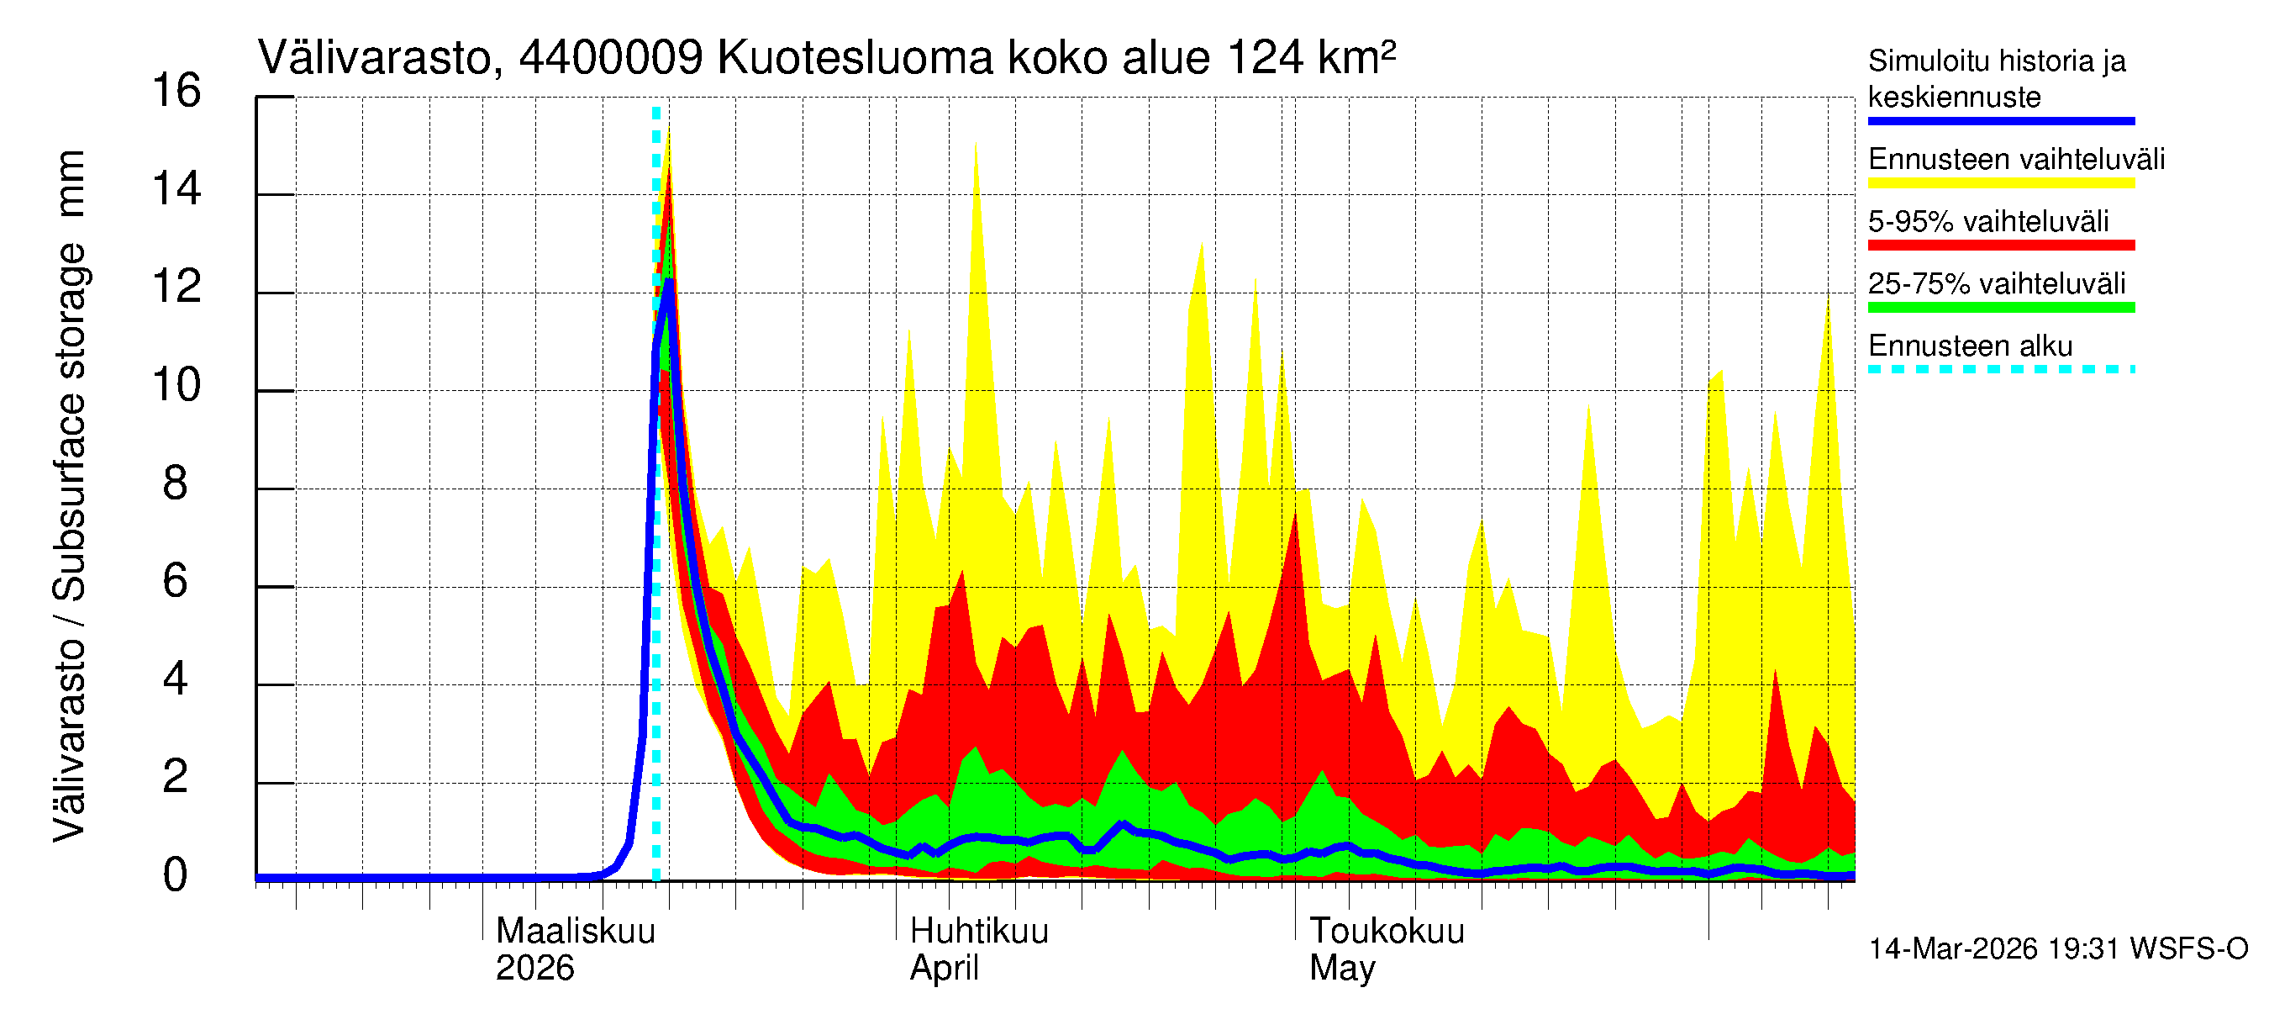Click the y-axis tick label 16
coord(176,92)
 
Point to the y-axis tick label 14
coord(176,189)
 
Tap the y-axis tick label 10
coord(176,386)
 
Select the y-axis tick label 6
coord(176,582)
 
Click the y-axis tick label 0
coord(176,876)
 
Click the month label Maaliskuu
coord(575,932)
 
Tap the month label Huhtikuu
coord(978,932)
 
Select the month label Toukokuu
coord(1387,932)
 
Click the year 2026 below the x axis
coord(534,969)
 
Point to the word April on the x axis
coord(944,969)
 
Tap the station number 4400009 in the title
coord(610,58)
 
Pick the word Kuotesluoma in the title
coord(855,58)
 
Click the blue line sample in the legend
coord(2000,122)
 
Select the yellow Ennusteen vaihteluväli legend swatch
coord(2000,183)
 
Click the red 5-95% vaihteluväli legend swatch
coord(2000,245)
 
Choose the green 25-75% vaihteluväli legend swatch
coord(2000,308)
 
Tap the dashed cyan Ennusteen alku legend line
coord(2000,369)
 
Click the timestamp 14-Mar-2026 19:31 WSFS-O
coord(2057,949)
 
